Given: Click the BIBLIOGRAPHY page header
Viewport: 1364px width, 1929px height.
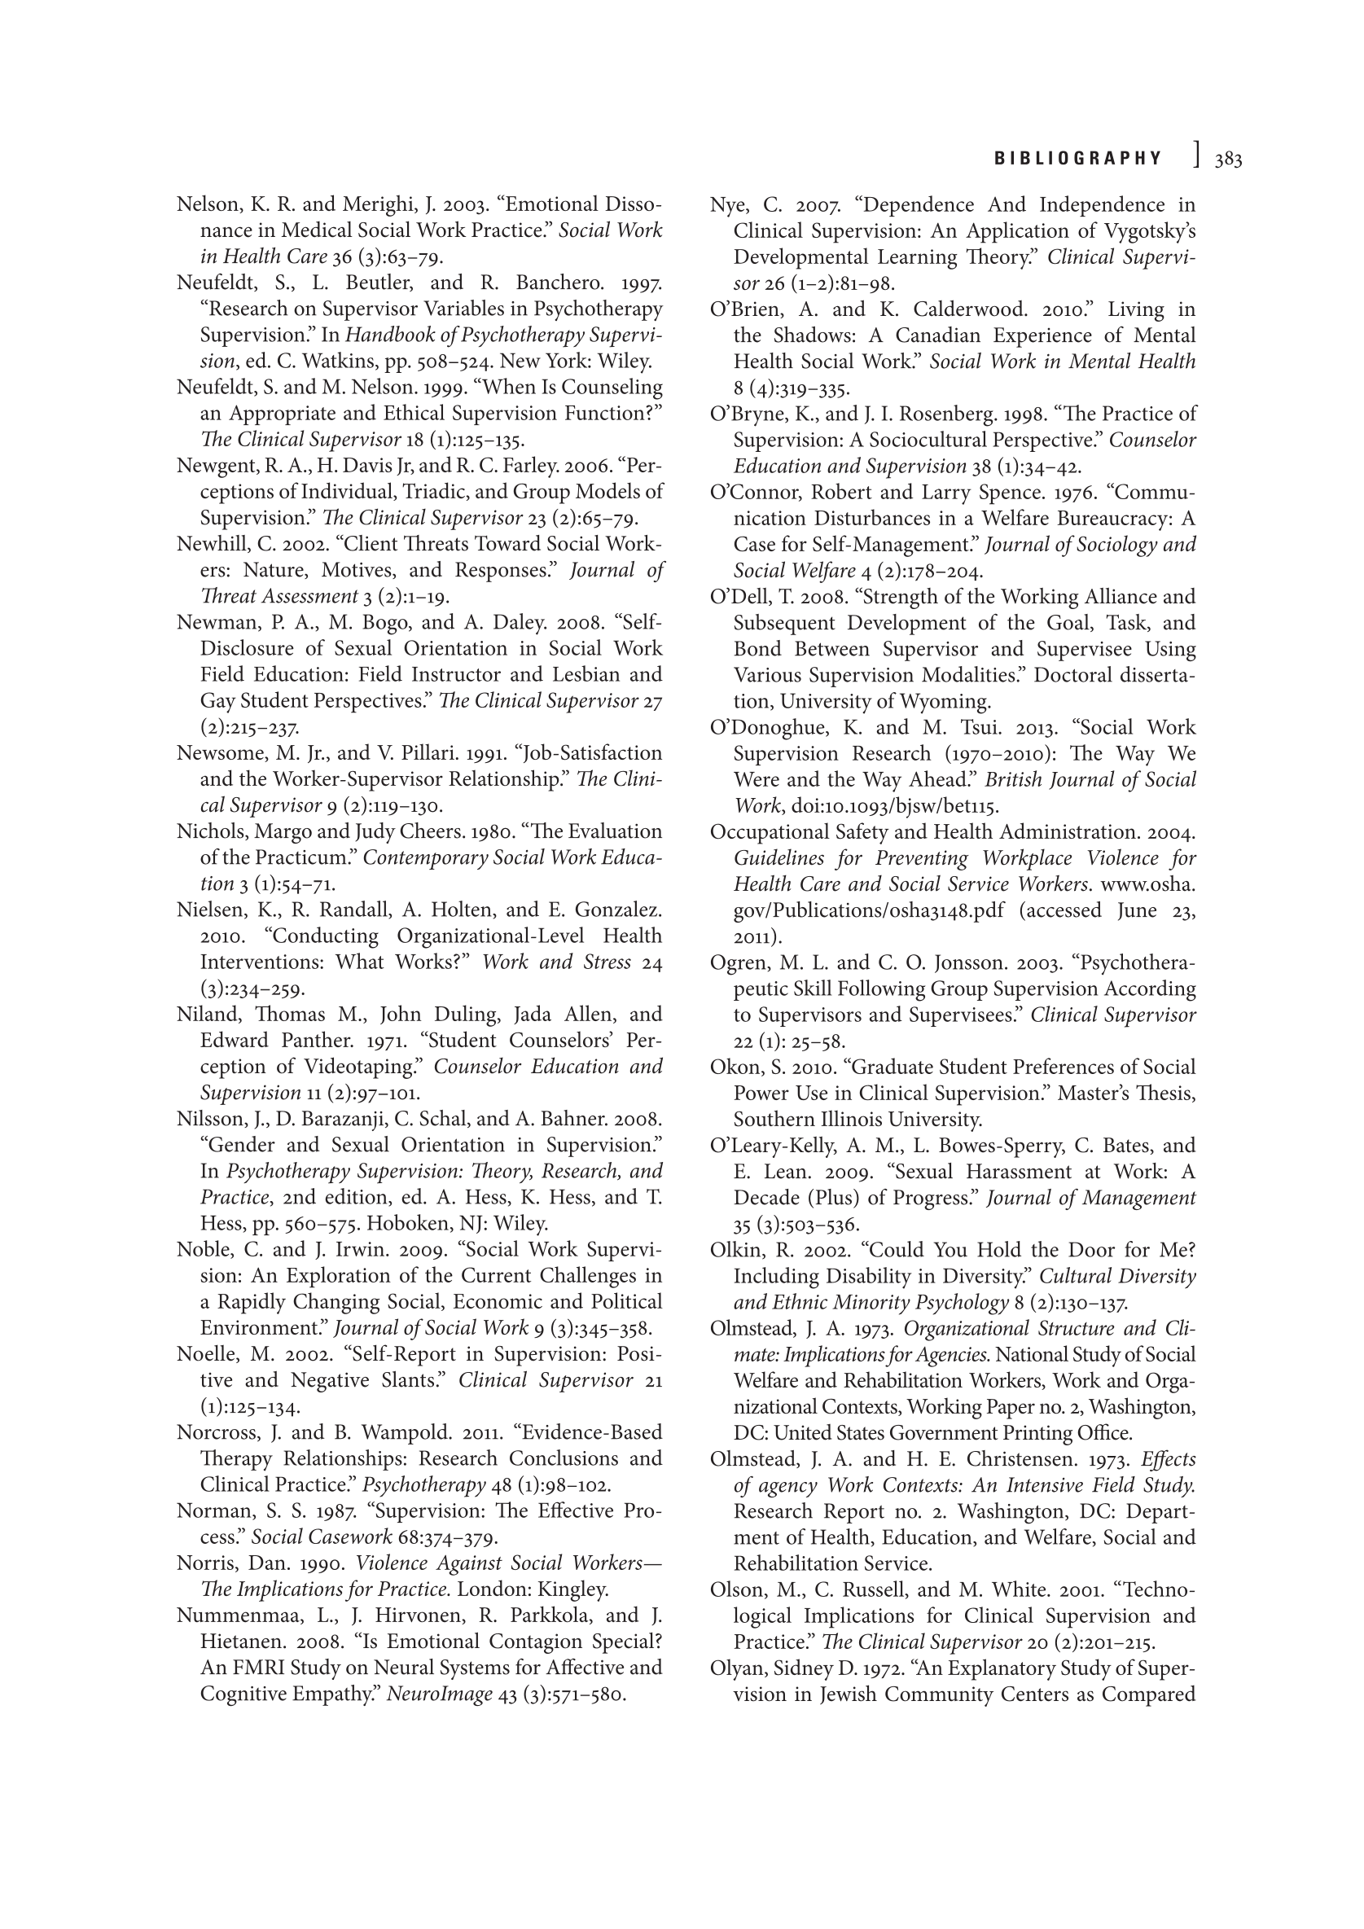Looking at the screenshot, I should point(1077,159).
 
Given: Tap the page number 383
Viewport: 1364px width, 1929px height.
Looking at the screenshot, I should point(1228,160).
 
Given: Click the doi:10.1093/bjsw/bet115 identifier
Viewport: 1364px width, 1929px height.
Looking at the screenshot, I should point(895,807).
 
